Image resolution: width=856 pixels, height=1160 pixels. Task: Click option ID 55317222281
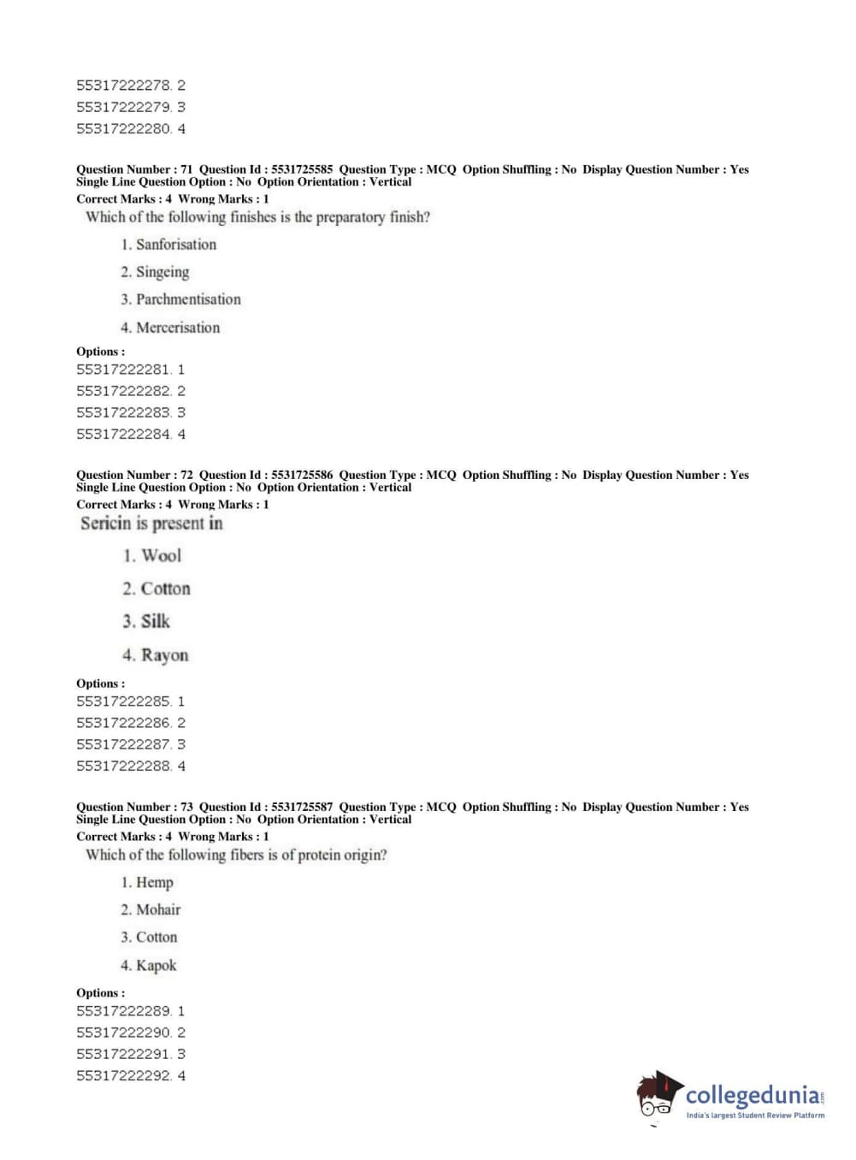[x=123, y=370]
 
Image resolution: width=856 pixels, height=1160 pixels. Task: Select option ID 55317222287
[x=123, y=744]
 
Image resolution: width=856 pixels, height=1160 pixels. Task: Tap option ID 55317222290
[x=123, y=1033]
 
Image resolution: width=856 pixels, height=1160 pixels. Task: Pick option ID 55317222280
[x=123, y=129]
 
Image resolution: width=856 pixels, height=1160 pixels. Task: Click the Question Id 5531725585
[x=302, y=169]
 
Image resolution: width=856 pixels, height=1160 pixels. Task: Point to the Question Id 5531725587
[x=302, y=807]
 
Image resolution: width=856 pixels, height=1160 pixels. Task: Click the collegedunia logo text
[x=752, y=1096]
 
